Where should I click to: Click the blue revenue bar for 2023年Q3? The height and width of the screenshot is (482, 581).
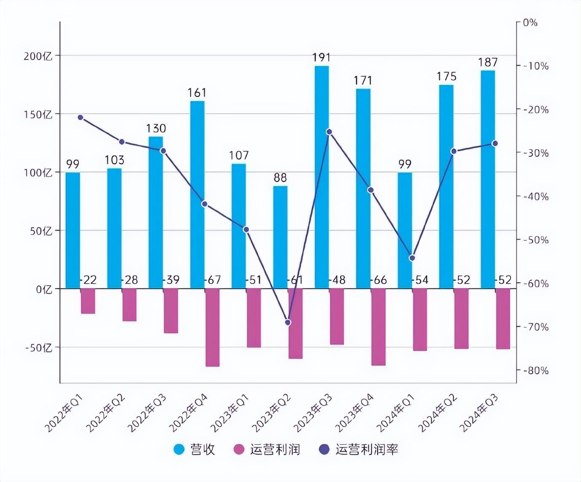point(322,177)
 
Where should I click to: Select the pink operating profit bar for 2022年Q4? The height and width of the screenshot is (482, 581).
point(213,327)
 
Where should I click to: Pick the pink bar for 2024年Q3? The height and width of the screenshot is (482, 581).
point(503,319)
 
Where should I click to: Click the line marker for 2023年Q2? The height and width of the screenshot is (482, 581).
point(288,322)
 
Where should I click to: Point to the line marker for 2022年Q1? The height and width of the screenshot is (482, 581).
point(80,118)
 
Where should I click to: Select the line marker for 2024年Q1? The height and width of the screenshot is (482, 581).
point(412,258)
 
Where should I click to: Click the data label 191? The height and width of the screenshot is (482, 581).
point(321,58)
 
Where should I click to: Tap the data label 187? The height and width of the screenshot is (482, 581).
point(488,62)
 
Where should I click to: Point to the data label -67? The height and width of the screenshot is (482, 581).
point(213,280)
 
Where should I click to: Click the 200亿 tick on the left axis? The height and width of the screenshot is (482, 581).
point(38,56)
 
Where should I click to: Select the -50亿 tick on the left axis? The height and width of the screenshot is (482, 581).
point(38,348)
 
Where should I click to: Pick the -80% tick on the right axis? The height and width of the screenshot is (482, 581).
point(536,371)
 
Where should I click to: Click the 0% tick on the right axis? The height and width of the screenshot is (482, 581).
point(530,23)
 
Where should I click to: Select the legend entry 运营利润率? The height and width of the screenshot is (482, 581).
point(366,450)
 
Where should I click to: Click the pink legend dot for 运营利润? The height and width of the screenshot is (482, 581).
point(239,450)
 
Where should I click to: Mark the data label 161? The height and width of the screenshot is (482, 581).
point(197,93)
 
